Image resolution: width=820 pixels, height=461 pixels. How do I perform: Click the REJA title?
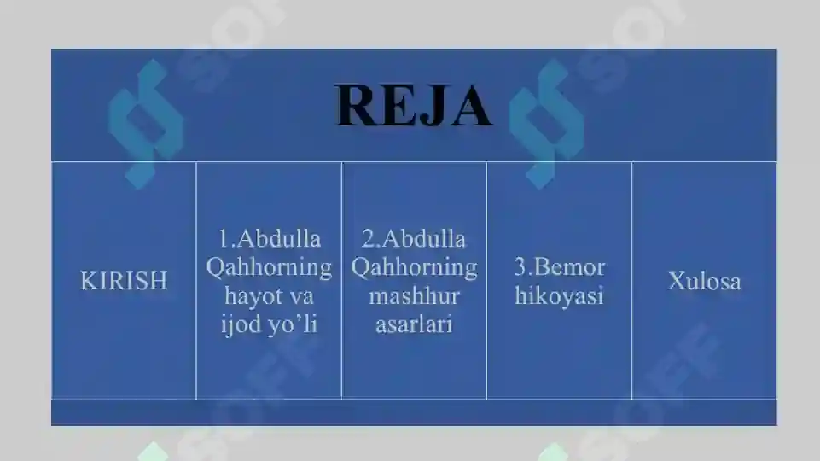point(414,106)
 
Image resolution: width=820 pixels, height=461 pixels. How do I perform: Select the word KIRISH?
point(124,281)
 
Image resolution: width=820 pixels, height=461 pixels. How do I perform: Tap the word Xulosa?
point(704,281)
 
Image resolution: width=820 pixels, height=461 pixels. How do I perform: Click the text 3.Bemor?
point(559,267)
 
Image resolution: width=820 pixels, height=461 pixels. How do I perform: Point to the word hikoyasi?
point(559,295)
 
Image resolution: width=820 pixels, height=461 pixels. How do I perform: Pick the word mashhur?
point(414,296)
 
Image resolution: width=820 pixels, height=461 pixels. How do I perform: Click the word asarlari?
point(414,324)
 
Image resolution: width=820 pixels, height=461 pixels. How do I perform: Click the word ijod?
point(241,324)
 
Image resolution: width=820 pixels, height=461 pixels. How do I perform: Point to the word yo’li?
point(292,324)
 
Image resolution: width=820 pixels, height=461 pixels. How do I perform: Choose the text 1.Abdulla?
point(269,238)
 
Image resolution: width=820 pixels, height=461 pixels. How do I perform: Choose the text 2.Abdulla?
point(414,238)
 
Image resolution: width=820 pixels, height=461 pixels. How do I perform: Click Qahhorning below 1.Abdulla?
point(269,267)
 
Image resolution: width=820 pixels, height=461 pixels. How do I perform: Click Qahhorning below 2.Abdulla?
point(414,267)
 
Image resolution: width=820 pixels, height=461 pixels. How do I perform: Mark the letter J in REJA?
point(432,108)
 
